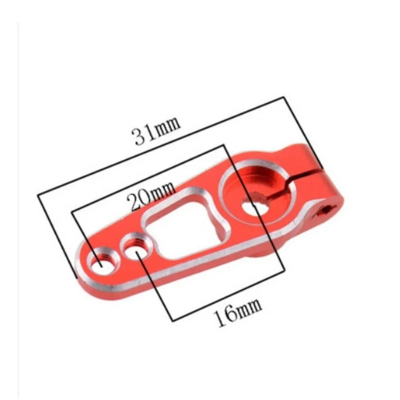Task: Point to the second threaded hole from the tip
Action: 137,246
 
